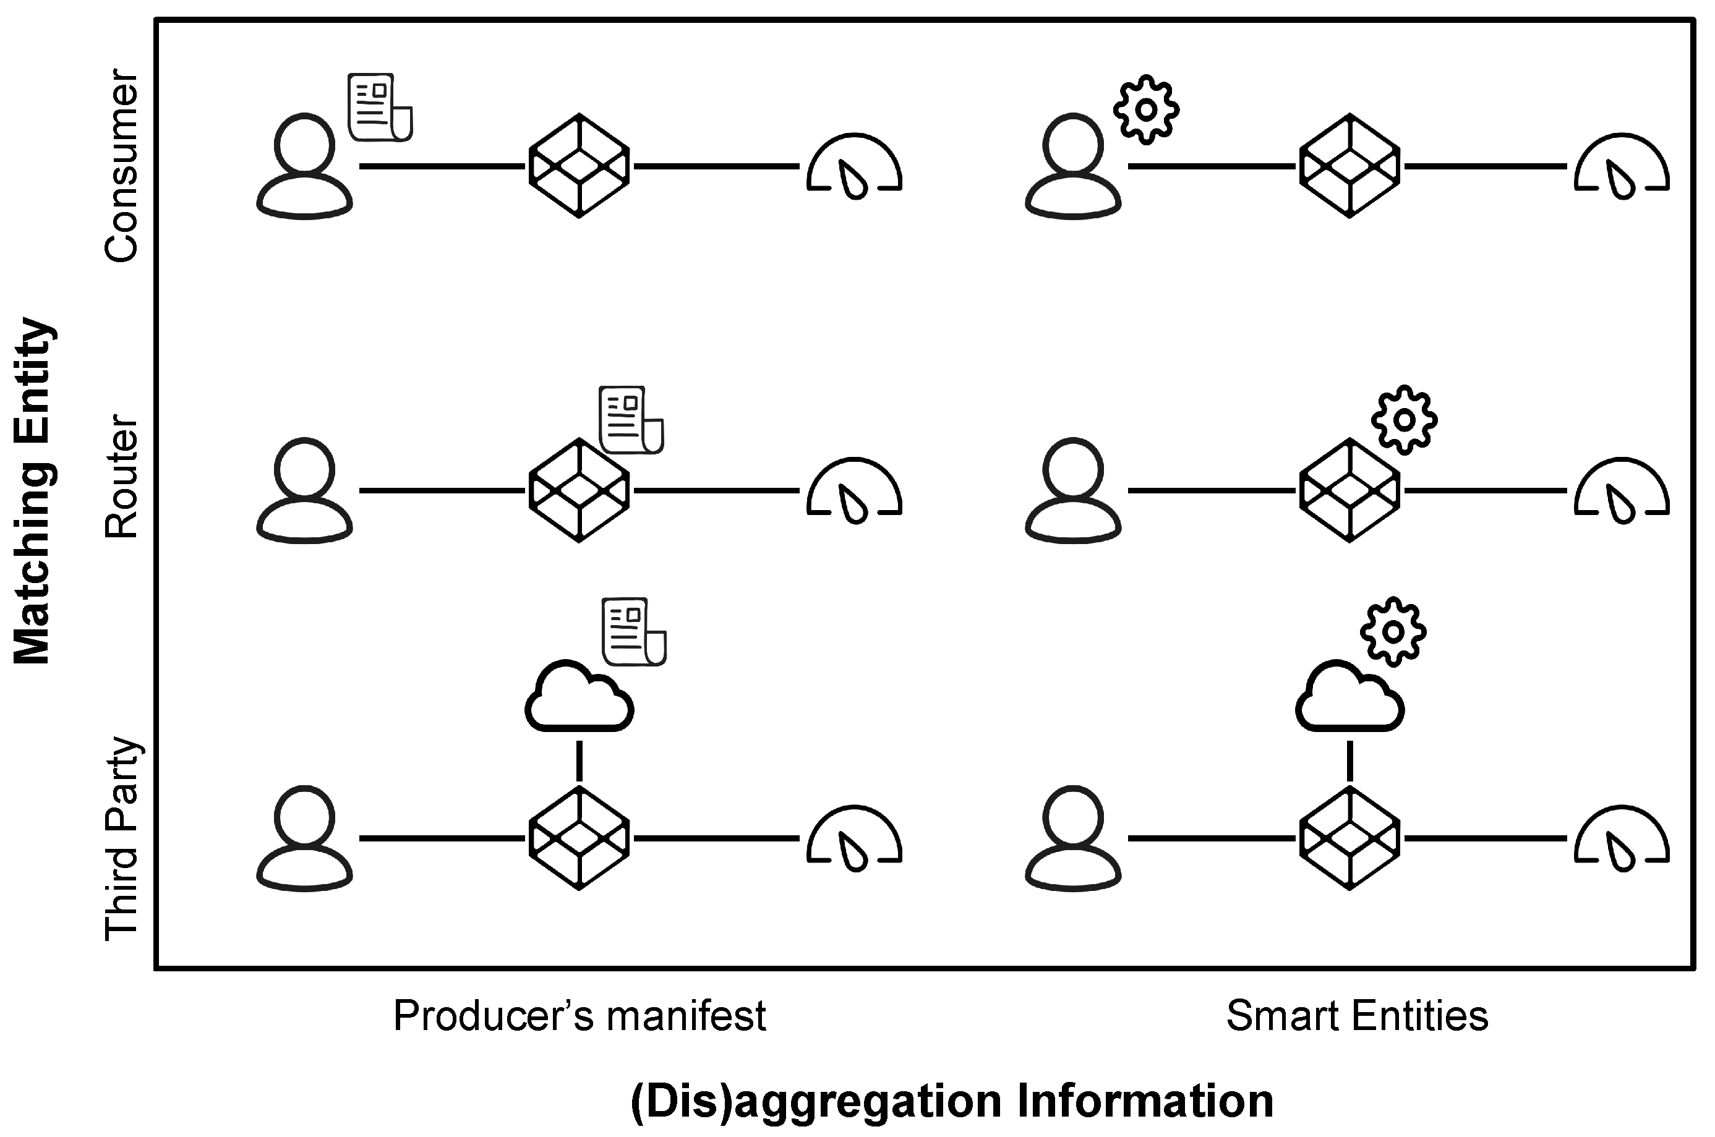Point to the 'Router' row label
pyautogui.click(x=121, y=477)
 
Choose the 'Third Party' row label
pyautogui.click(x=121, y=839)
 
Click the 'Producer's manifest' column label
pyautogui.click(x=580, y=1016)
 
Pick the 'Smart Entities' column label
pyautogui.click(x=1357, y=1016)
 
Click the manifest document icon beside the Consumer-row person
pyautogui.click(x=380, y=108)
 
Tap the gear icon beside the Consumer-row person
pyautogui.click(x=1146, y=109)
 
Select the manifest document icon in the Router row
pyautogui.click(x=631, y=420)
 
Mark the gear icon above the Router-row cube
pyautogui.click(x=1404, y=420)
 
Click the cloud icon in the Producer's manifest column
pyautogui.click(x=580, y=697)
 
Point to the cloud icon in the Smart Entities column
pyautogui.click(x=1349, y=697)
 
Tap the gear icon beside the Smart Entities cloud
pyautogui.click(x=1392, y=632)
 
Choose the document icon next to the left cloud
pyautogui.click(x=634, y=632)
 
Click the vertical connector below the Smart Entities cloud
pyautogui.click(x=1349, y=760)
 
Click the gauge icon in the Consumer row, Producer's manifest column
pyautogui.click(x=854, y=166)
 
